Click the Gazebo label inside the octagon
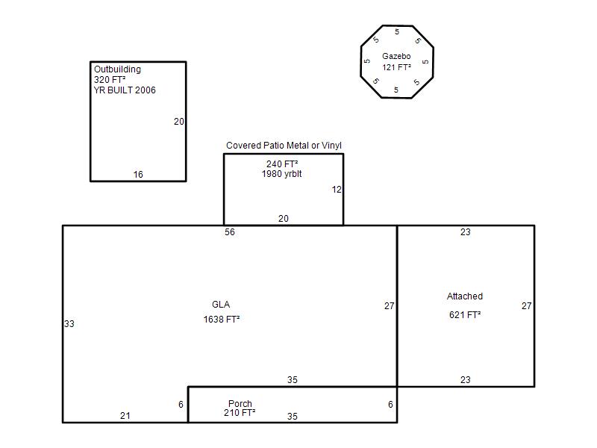point(396,56)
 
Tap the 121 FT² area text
point(397,67)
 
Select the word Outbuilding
point(117,69)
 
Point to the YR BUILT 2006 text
point(125,90)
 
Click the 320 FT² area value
point(110,80)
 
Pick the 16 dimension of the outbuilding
point(138,175)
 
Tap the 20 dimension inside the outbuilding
point(179,122)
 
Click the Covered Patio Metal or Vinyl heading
point(284,146)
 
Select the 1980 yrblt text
point(282,174)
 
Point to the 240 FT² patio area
point(282,164)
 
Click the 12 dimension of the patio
point(337,190)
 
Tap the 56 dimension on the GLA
point(230,232)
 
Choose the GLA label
point(221,305)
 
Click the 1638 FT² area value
point(222,320)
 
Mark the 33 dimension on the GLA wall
point(69,324)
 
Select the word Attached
point(465,296)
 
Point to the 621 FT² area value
point(465,314)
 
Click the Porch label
point(240,403)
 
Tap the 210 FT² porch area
point(240,413)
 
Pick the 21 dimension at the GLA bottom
point(125,416)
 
